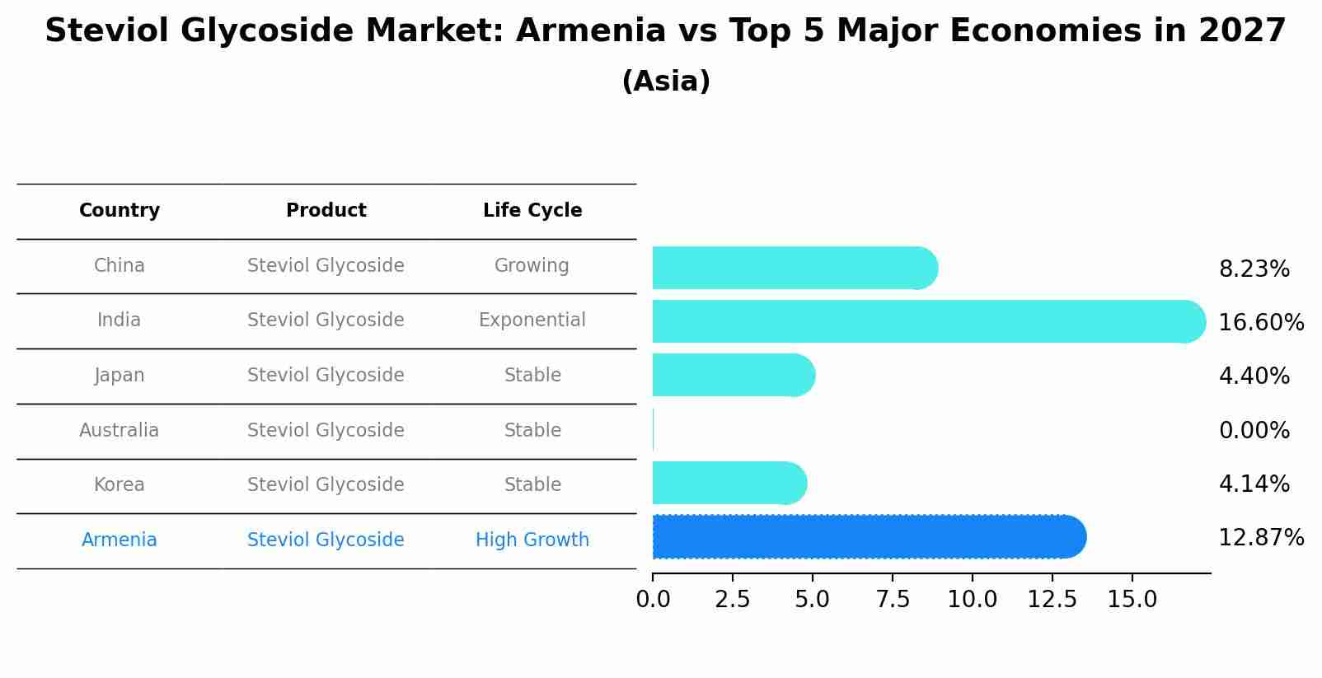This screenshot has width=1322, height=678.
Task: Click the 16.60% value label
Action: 1261,322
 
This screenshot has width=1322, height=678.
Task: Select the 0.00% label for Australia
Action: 1254,430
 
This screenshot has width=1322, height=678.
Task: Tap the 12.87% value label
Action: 1261,538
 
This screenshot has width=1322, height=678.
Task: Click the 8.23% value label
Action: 1254,269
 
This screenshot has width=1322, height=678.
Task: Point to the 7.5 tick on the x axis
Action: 893,599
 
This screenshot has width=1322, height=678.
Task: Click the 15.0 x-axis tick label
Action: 1132,599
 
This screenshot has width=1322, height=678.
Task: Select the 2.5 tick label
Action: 733,599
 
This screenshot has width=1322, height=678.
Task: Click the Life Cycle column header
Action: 532,211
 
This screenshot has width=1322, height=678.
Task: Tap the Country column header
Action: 120,211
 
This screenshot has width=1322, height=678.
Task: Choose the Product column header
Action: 326,211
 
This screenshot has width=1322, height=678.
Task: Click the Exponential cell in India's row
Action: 532,320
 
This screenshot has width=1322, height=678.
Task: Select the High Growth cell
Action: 532,540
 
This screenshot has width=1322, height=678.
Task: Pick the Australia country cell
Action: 120,430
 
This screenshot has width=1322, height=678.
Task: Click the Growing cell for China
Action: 532,265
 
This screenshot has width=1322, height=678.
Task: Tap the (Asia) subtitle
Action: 666,82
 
